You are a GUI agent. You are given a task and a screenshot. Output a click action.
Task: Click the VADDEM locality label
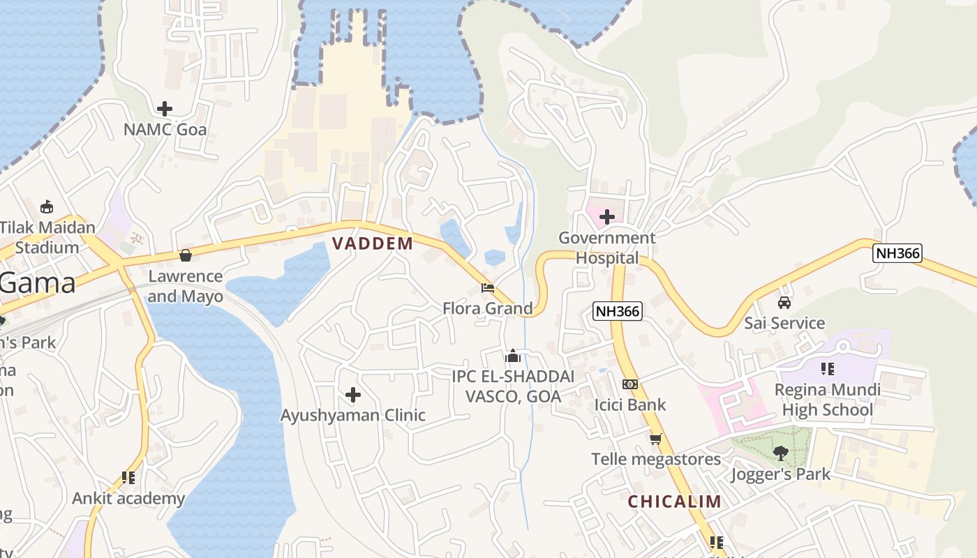click(373, 243)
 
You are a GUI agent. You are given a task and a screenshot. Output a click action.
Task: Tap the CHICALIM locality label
click(674, 502)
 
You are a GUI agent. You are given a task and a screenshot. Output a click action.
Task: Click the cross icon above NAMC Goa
click(165, 109)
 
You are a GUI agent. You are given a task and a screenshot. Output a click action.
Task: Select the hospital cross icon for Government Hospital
click(607, 217)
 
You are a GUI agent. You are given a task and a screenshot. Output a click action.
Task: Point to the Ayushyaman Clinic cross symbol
click(353, 395)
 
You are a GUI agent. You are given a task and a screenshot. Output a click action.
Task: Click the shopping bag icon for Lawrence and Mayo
click(186, 256)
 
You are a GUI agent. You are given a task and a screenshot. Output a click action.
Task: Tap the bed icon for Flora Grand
click(488, 288)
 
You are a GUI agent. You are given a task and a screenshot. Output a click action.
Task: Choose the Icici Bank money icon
click(629, 384)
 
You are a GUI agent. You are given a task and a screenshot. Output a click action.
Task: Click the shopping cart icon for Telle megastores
click(655, 439)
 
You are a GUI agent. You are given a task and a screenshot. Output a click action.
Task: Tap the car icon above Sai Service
click(784, 303)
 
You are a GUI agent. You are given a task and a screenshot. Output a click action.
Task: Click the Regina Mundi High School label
click(827, 400)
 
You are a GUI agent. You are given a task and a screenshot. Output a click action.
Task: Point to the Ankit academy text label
click(128, 499)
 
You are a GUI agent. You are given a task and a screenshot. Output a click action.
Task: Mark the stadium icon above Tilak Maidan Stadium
click(47, 206)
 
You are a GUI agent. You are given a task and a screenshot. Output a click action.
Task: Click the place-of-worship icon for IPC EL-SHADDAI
click(513, 356)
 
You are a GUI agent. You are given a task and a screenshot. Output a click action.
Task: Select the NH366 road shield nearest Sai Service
click(897, 252)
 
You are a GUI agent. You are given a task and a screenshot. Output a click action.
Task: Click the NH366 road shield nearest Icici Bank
click(618, 311)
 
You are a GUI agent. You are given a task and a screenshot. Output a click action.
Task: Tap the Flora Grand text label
click(487, 308)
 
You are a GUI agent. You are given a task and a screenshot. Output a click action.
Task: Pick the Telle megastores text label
click(656, 459)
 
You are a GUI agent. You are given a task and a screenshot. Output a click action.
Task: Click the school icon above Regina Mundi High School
click(828, 368)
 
